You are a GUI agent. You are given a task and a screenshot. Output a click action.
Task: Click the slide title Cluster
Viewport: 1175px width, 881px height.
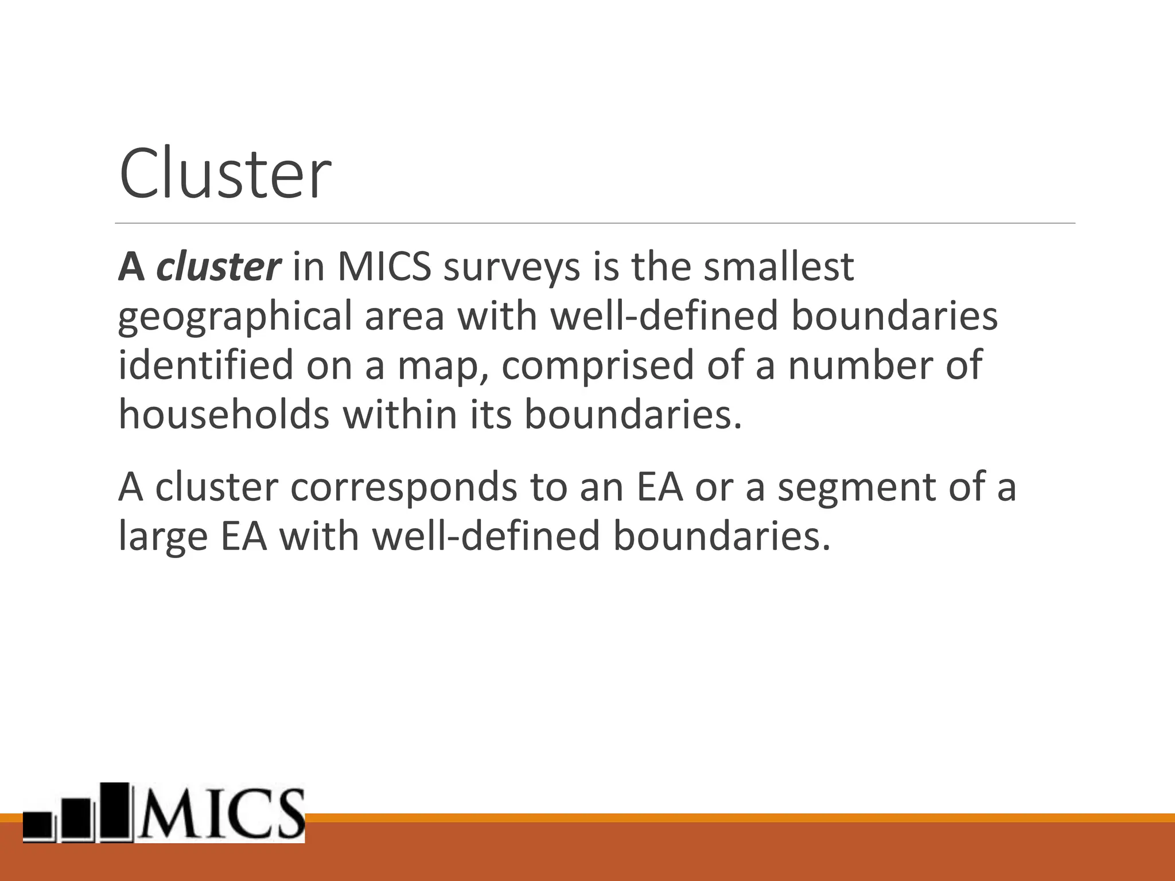point(225,174)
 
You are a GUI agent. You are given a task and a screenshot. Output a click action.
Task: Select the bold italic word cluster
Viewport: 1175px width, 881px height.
point(219,267)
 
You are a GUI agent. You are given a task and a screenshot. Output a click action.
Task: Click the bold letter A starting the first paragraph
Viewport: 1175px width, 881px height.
point(131,267)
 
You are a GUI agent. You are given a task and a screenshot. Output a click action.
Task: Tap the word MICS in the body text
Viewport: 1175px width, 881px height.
point(384,267)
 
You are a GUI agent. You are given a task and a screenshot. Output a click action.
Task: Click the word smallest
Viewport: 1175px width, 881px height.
point(779,267)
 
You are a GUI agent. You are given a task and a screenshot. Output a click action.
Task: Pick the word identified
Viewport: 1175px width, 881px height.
point(205,365)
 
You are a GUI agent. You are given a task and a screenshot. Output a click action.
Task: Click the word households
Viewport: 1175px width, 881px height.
point(224,414)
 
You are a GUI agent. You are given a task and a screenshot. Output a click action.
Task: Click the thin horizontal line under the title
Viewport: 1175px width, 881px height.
point(594,223)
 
